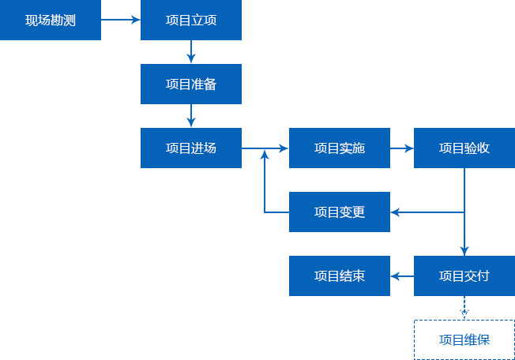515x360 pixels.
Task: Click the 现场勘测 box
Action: click(x=51, y=20)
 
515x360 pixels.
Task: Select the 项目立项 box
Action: click(x=191, y=20)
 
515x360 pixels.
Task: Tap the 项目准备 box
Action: click(x=191, y=84)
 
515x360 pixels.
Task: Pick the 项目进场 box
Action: click(x=191, y=148)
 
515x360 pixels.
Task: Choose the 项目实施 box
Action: click(x=340, y=148)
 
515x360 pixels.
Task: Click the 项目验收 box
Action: click(x=464, y=148)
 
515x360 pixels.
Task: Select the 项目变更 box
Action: click(x=340, y=212)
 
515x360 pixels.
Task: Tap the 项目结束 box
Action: click(x=340, y=276)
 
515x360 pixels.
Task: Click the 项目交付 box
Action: click(x=464, y=276)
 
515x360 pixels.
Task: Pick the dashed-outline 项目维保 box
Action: click(x=464, y=339)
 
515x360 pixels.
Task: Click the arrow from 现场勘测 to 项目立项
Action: click(x=121, y=20)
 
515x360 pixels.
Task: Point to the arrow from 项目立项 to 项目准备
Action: click(x=191, y=51)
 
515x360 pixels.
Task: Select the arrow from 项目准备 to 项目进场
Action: click(x=191, y=115)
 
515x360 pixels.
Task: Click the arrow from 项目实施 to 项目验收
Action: click(x=402, y=148)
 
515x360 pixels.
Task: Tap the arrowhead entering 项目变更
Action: click(x=396, y=212)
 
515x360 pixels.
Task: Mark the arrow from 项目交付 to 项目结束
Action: click(x=402, y=276)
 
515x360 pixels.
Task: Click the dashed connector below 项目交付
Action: click(x=464, y=307)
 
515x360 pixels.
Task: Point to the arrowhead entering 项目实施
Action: click(x=284, y=148)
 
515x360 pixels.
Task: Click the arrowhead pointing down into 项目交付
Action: click(x=464, y=251)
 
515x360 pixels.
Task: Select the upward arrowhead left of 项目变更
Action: click(x=265, y=156)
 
